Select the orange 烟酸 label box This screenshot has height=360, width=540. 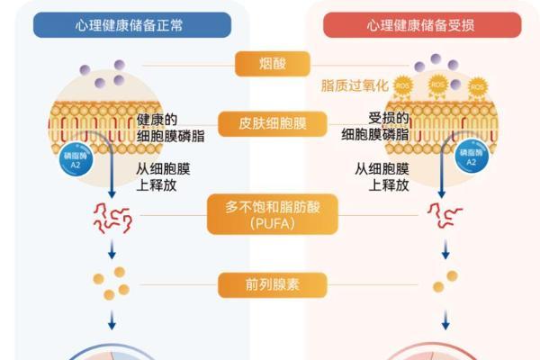(273, 64)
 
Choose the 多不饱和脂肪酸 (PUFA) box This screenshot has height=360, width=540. (273, 214)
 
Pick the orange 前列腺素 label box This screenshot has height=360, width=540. (273, 285)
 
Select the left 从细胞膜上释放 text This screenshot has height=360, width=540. (165, 176)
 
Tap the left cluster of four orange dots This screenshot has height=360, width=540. (112, 283)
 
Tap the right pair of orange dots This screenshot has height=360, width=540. (445, 281)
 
